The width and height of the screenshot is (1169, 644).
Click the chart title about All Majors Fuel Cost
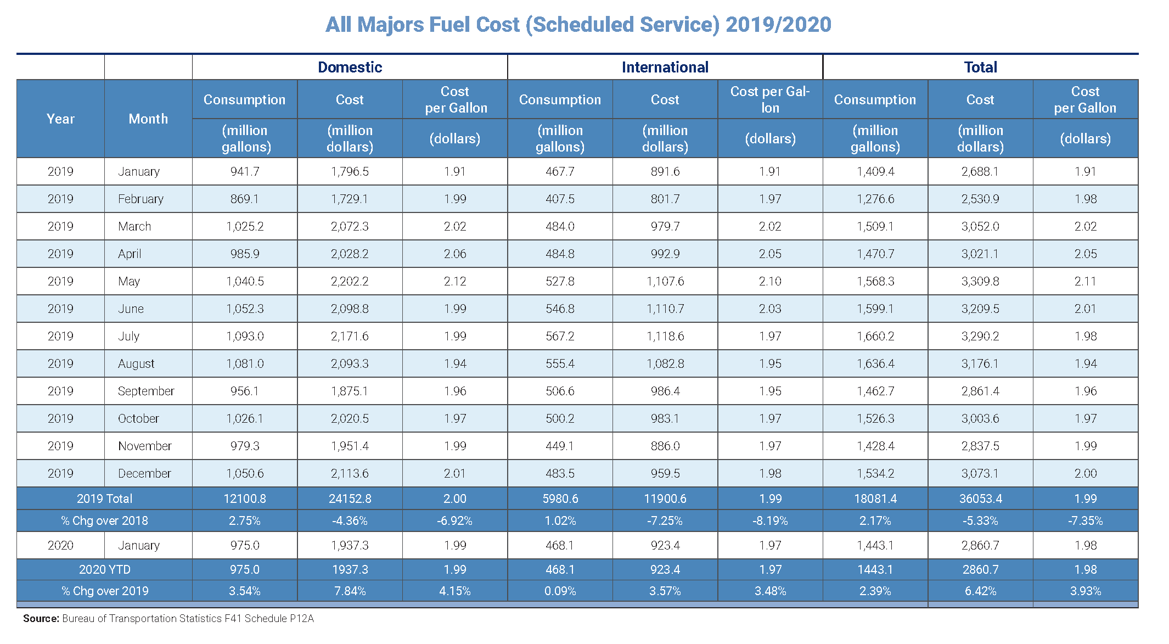[578, 25]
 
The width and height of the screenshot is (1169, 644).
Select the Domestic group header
[350, 67]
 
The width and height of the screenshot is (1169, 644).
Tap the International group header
[665, 67]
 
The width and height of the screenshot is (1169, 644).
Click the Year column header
[60, 119]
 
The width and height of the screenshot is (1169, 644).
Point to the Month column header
[148, 119]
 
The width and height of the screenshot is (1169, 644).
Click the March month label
[134, 226]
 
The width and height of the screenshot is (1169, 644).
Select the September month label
[146, 391]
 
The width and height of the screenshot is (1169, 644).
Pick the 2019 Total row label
[104, 499]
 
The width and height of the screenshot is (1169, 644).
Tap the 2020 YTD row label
[104, 569]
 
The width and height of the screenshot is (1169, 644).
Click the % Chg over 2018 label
[104, 520]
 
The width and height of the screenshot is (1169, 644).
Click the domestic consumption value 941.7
[245, 171]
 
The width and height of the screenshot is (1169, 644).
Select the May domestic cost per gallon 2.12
[455, 281]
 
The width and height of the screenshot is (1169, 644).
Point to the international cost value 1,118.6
[665, 336]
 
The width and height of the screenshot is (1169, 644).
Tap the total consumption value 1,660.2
[875, 336]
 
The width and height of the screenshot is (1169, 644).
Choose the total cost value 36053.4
[981, 499]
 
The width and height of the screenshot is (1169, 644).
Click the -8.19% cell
[770, 520]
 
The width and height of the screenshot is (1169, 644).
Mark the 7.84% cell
[350, 591]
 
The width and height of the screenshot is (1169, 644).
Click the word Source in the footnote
[41, 618]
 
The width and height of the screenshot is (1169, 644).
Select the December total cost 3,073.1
[980, 473]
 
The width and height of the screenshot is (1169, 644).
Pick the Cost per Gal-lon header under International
[770, 99]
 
